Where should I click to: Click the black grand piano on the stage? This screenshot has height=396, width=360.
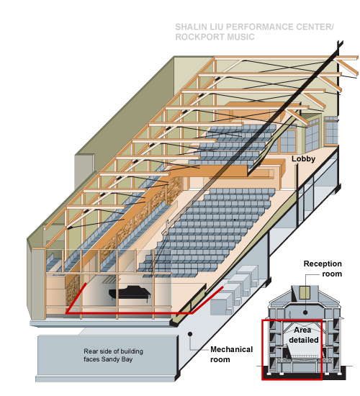click(130, 293)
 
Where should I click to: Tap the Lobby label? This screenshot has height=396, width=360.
click(303, 159)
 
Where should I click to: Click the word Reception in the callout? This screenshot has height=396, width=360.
click(323, 264)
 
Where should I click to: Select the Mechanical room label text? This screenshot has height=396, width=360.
click(231, 354)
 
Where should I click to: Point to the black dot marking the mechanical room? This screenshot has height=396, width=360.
click(190, 334)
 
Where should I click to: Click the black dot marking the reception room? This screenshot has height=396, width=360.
click(305, 312)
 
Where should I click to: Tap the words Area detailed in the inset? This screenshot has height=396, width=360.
click(303, 335)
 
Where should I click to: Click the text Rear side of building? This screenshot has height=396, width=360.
click(114, 351)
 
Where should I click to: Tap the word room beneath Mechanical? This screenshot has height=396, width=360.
click(220, 359)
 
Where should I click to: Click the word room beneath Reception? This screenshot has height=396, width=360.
click(332, 274)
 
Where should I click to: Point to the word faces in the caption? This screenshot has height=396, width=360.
click(91, 359)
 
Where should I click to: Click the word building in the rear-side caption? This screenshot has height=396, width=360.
click(131, 351)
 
